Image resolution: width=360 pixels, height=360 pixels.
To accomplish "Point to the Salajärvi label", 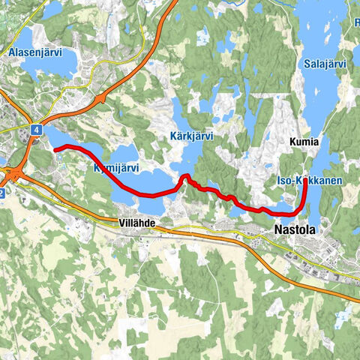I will click(325, 64).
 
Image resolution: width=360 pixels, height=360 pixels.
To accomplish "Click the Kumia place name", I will click(304, 141).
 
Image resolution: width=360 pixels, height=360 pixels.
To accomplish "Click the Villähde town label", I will click(136, 223).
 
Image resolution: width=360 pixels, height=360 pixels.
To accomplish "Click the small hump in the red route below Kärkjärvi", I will click(184, 177).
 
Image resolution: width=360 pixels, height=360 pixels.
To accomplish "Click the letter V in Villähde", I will click(121, 223).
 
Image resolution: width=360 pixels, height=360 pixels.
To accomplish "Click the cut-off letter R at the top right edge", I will click(357, 22).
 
